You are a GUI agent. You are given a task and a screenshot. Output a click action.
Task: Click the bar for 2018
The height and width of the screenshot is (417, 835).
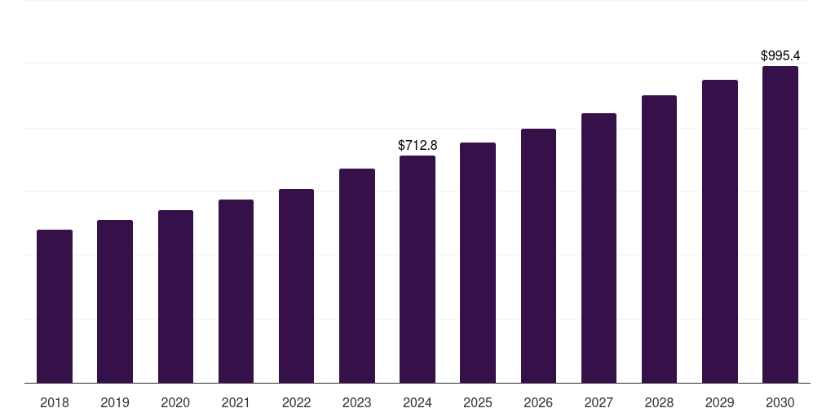pyautogui.click(x=55, y=306)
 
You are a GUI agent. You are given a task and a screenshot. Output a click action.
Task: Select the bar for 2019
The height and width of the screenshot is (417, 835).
pyautogui.click(x=115, y=301)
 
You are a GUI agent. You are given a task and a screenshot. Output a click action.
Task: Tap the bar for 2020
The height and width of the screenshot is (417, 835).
pyautogui.click(x=176, y=296)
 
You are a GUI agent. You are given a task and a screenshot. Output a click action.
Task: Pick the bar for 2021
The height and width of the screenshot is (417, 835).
pyautogui.click(x=236, y=292)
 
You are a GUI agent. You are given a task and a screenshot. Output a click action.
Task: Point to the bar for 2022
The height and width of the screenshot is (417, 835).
pyautogui.click(x=296, y=286)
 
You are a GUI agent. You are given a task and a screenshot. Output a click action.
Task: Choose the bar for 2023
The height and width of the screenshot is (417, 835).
pyautogui.click(x=357, y=276)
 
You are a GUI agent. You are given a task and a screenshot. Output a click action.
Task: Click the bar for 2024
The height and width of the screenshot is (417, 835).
pyautogui.click(x=417, y=270)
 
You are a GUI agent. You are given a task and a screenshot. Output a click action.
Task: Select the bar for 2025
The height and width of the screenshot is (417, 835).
pyautogui.click(x=478, y=263)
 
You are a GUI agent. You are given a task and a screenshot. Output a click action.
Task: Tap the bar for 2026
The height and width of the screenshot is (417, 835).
pyautogui.click(x=538, y=256)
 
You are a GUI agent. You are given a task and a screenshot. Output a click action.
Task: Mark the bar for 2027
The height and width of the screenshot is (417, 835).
pyautogui.click(x=599, y=248)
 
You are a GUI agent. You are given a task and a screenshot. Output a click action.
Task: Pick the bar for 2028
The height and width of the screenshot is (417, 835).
pyautogui.click(x=659, y=239)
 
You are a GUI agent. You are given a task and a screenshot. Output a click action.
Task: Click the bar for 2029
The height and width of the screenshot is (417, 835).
pyautogui.click(x=720, y=231)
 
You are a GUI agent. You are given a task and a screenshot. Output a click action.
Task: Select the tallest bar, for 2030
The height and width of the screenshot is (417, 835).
pyautogui.click(x=780, y=225)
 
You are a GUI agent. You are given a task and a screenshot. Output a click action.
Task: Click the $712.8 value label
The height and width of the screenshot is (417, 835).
pyautogui.click(x=417, y=145)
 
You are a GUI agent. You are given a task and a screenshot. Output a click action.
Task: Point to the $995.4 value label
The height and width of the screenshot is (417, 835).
pyautogui.click(x=780, y=56)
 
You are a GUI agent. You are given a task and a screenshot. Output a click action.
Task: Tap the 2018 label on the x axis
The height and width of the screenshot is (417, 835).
pyautogui.click(x=55, y=402)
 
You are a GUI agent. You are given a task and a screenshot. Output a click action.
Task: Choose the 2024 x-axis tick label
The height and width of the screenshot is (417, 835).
pyautogui.click(x=417, y=402)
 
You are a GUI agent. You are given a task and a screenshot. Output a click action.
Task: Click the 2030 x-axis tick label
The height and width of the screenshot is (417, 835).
pyautogui.click(x=780, y=402)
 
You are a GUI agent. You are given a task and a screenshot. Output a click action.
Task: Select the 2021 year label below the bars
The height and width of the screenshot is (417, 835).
pyautogui.click(x=236, y=402)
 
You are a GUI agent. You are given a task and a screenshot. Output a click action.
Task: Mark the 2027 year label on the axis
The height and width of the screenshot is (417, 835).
pyautogui.click(x=599, y=402)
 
